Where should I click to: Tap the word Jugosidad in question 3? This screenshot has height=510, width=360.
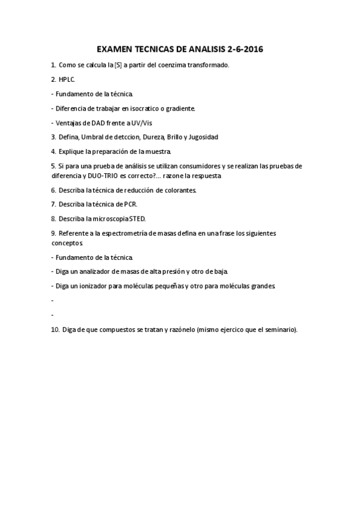click(203, 137)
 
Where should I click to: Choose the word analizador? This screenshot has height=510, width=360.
click(91, 272)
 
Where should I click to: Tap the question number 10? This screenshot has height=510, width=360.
click(55, 330)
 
